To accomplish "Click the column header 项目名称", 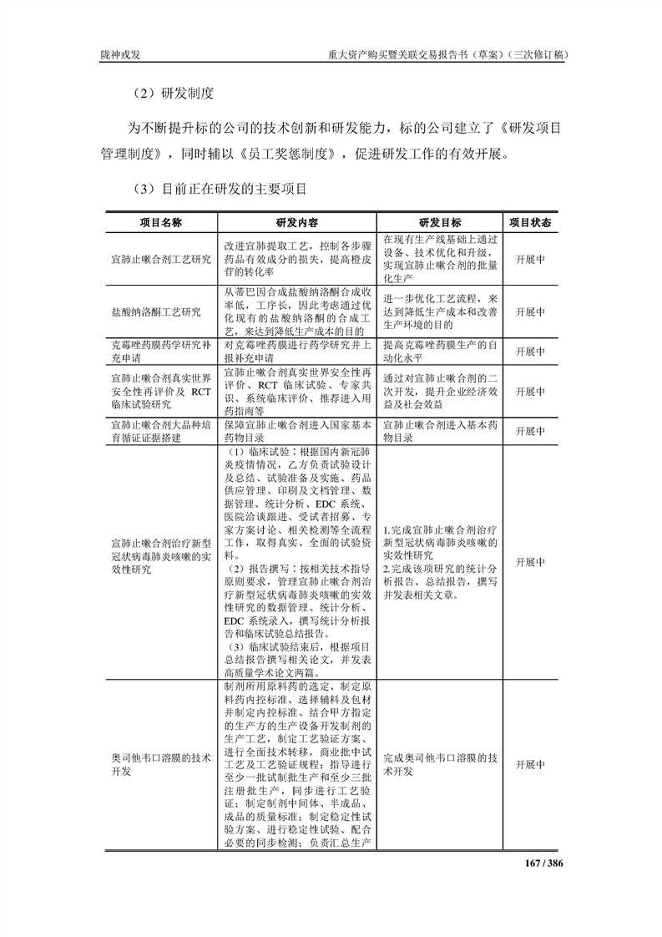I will (160, 223).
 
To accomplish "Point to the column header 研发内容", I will (296, 223).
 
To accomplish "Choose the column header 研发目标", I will (440, 223).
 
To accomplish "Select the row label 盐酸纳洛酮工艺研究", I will (156, 311).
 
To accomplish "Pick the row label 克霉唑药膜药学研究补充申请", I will (161, 349).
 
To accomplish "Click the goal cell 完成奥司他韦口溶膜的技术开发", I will (440, 764).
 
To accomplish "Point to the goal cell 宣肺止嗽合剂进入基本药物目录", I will (440, 430).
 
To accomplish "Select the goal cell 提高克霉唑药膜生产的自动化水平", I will (440, 349).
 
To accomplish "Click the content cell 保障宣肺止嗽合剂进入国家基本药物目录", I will (296, 430).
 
